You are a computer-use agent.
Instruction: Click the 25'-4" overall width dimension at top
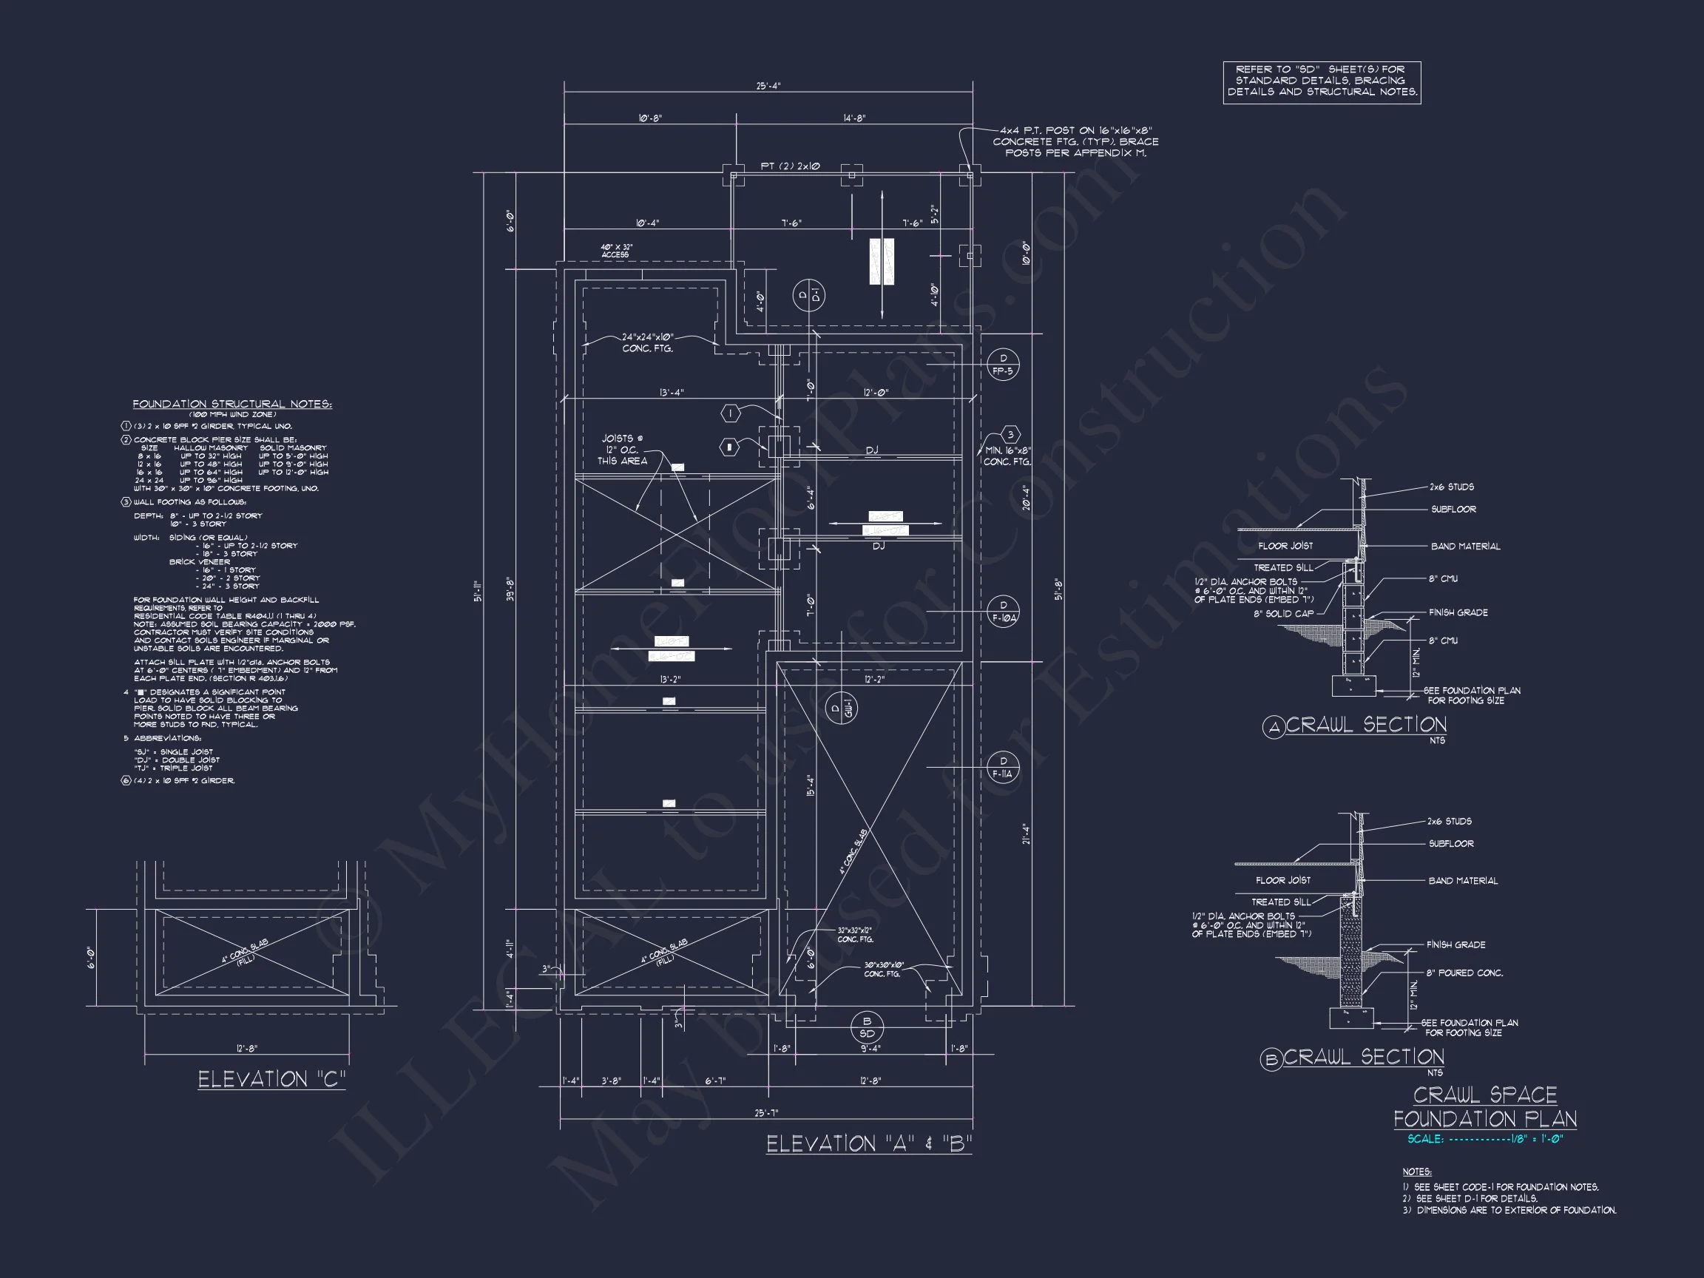pyautogui.click(x=767, y=87)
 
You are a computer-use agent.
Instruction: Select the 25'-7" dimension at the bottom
pyautogui.click(x=766, y=1112)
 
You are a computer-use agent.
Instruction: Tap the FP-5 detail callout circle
pyautogui.click(x=1003, y=365)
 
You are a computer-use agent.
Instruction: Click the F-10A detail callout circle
pyautogui.click(x=1003, y=612)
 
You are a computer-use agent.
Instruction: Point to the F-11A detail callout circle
pyautogui.click(x=1003, y=767)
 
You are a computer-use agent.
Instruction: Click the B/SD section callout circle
pyautogui.click(x=867, y=1027)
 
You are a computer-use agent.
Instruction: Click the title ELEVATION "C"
pyautogui.click(x=271, y=1079)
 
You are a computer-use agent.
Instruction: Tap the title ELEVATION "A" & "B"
pyautogui.click(x=869, y=1144)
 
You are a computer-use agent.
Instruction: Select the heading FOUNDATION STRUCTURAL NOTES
pyautogui.click(x=232, y=405)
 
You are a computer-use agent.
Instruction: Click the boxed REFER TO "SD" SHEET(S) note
pyautogui.click(x=1321, y=81)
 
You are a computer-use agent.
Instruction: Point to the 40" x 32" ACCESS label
pyautogui.click(x=616, y=251)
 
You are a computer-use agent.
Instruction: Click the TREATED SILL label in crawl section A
pyautogui.click(x=1282, y=568)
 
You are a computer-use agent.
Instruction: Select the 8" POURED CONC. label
pyautogui.click(x=1464, y=973)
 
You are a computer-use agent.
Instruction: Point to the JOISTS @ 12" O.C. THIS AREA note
pyautogui.click(x=623, y=450)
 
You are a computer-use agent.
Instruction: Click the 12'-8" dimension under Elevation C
pyautogui.click(x=246, y=1049)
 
